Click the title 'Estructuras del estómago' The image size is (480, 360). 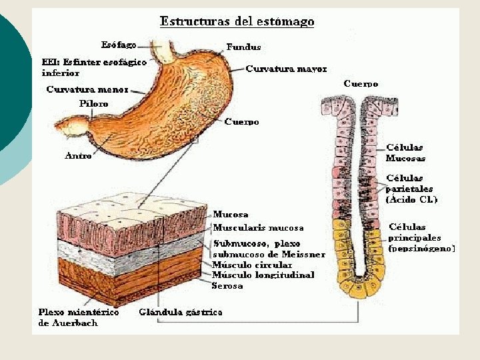(237, 21)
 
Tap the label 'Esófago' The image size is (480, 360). (119, 45)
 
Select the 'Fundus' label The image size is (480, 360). (243, 47)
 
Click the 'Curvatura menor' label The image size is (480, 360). (87, 89)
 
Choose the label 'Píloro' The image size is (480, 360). (93, 104)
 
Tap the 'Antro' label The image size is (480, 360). (78, 156)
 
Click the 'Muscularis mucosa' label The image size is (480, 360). (258, 228)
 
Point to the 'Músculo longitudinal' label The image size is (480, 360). (263, 275)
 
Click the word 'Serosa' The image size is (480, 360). (227, 285)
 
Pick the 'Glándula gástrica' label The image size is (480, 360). (180, 311)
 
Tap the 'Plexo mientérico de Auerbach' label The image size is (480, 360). (78, 317)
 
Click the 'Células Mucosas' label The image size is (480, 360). (405, 153)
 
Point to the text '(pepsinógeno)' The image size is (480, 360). (421, 248)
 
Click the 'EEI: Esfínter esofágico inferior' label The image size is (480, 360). (94, 67)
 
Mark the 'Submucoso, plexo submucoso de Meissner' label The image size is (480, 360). (269, 249)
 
